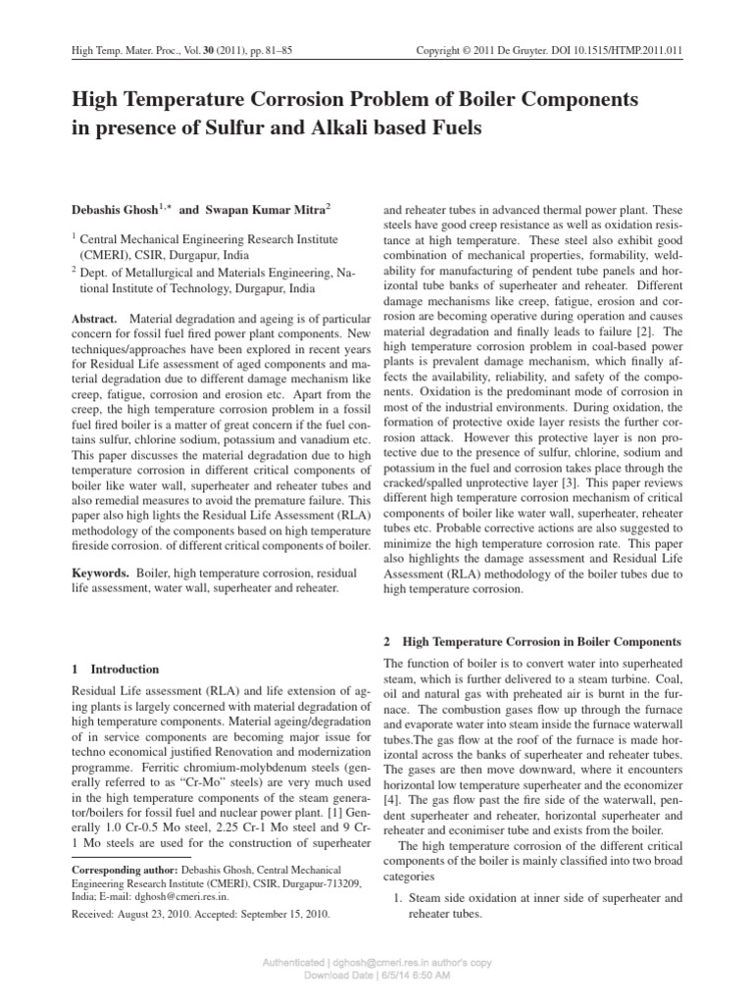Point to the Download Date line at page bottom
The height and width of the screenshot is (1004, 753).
click(x=376, y=977)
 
